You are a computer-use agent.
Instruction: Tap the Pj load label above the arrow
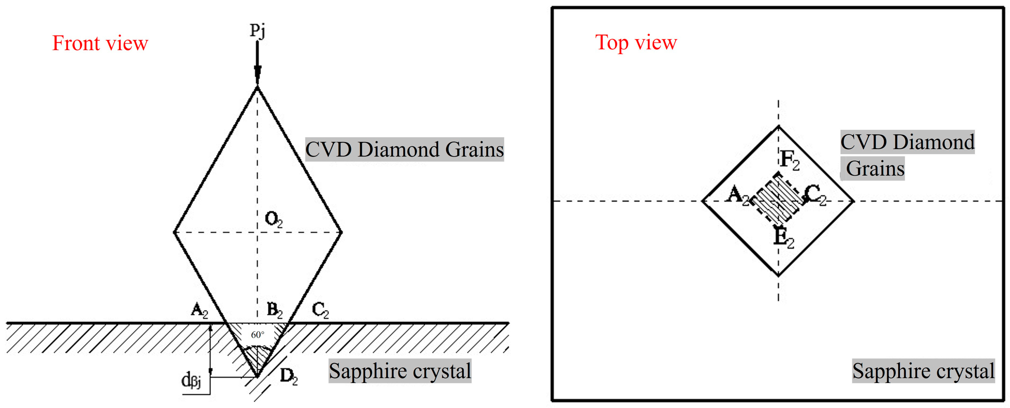pos(258,30)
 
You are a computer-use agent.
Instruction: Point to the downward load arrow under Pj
pos(257,63)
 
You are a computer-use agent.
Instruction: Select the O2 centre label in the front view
pos(273,219)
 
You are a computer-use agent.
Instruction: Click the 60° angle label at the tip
pos(258,335)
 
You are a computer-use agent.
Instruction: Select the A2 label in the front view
pos(199,311)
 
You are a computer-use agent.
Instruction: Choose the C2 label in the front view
pos(320,311)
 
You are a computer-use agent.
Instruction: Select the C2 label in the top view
pos(815,195)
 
